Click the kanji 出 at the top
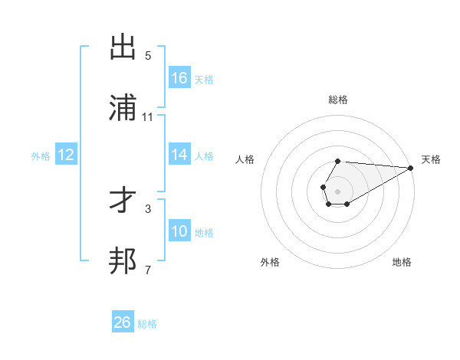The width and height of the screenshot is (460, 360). (x=123, y=47)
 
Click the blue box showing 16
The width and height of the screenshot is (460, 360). (x=179, y=77)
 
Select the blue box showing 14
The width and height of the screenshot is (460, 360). (x=179, y=155)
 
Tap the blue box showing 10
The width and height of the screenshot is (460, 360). (x=179, y=231)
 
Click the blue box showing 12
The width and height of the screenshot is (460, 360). (x=66, y=155)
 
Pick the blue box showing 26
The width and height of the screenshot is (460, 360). (x=123, y=322)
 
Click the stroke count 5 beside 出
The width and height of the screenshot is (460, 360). (x=148, y=56)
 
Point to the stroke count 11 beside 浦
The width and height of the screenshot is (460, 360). (x=148, y=117)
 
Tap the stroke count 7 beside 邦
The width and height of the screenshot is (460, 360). (x=148, y=270)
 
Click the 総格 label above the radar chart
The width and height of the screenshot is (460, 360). (x=337, y=100)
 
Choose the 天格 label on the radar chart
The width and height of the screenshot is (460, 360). (x=432, y=159)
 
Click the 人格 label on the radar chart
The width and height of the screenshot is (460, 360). (x=245, y=159)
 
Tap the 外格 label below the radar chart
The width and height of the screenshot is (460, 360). (x=270, y=262)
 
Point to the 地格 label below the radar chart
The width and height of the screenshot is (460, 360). (x=402, y=262)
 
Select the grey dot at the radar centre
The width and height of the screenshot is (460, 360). (x=337, y=190)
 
